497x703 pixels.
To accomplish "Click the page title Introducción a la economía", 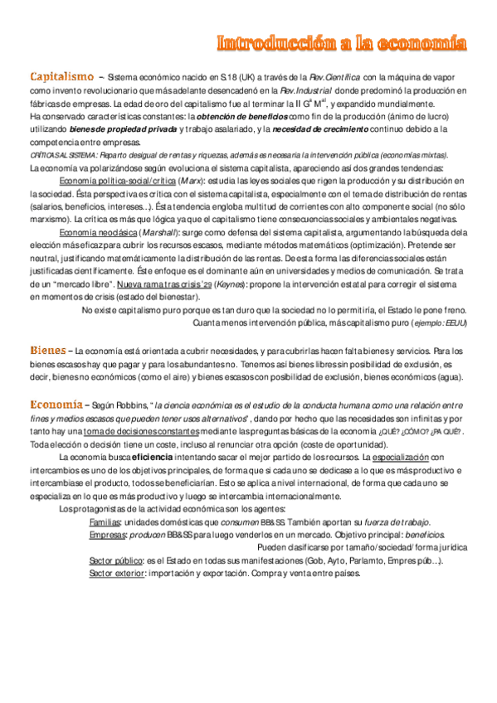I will pos(341,42).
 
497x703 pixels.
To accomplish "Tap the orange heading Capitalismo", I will pos(61,77).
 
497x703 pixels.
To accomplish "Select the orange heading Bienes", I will pos(47,351).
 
